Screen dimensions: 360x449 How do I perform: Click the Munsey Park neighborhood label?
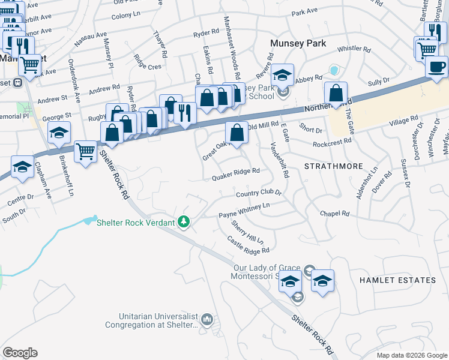(298, 43)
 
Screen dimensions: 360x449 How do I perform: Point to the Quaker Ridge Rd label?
(236, 171)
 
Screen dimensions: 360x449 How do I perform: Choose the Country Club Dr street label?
(259, 194)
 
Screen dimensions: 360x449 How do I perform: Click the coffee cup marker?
(436, 65)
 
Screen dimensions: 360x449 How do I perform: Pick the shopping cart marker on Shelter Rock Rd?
(86, 151)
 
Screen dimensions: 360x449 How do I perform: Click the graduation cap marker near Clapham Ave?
(23, 167)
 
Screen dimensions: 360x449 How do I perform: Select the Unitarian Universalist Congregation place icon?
(208, 318)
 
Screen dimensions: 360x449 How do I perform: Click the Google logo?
(20, 353)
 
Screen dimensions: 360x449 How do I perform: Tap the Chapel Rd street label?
(334, 214)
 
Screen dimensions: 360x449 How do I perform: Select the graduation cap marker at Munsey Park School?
(282, 75)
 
